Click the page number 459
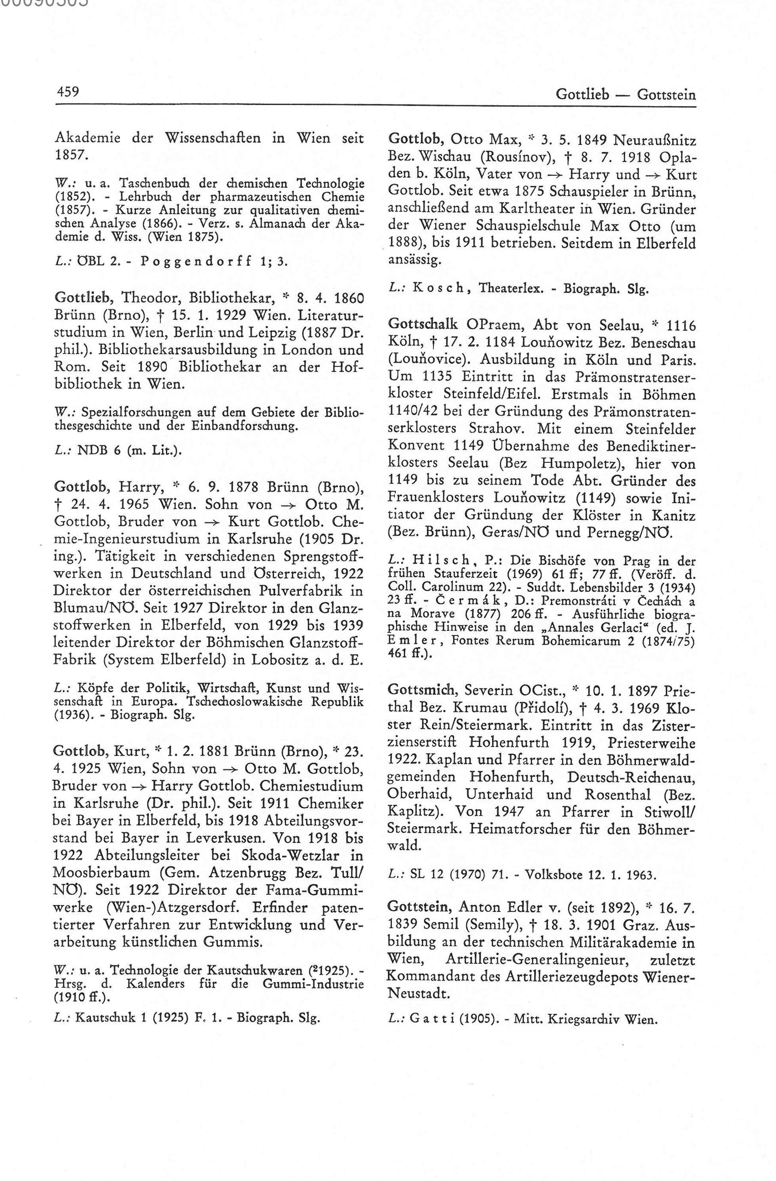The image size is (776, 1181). click(x=67, y=92)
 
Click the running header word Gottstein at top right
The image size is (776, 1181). click(x=666, y=94)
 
